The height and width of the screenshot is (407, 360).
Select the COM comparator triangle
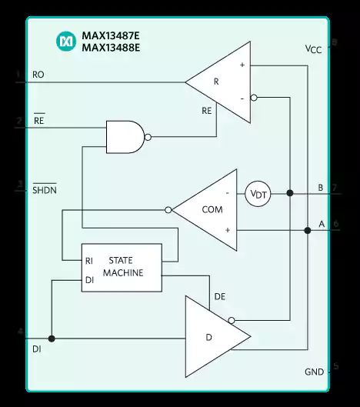point(204,209)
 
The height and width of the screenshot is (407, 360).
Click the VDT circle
point(258,194)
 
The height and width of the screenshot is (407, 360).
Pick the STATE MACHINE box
point(122,268)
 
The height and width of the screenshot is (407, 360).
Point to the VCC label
point(313,49)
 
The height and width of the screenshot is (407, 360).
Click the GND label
point(314,372)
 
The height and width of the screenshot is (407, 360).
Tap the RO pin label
point(38,75)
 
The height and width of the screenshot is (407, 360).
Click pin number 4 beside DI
point(19,332)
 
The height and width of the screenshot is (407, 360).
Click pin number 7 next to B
point(335,188)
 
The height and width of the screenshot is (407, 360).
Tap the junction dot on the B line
point(290,194)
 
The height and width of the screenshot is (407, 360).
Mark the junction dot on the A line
point(307,230)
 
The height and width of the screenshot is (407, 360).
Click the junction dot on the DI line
point(52,339)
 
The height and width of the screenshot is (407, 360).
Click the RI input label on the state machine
point(90,261)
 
